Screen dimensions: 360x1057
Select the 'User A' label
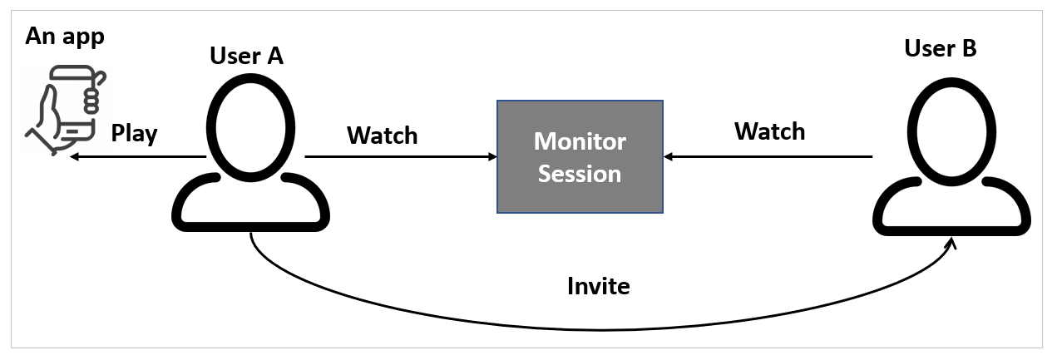(x=246, y=56)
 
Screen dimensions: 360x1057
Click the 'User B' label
(x=940, y=48)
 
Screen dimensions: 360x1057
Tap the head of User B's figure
(x=952, y=128)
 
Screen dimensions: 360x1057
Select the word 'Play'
(x=135, y=134)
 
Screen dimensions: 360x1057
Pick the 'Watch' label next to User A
(x=382, y=135)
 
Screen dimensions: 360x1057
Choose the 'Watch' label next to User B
(x=769, y=131)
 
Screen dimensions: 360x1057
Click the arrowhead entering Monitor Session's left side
(x=491, y=156)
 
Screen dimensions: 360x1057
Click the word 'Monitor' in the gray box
(x=580, y=141)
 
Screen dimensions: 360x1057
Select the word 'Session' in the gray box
(x=580, y=174)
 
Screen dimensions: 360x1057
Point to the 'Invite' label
(x=598, y=286)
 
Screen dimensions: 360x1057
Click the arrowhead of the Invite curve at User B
(x=951, y=243)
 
